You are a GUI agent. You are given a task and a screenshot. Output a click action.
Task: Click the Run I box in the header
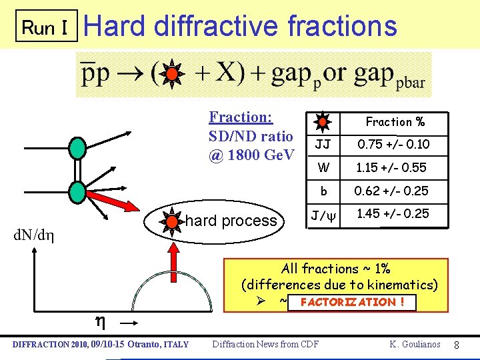point(46,27)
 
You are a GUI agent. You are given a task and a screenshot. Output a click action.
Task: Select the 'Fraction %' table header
point(395,122)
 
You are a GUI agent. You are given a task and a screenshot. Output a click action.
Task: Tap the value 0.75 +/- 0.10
point(393,145)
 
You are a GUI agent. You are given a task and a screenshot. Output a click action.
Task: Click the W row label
point(323,167)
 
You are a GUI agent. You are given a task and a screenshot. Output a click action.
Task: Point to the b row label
point(323,191)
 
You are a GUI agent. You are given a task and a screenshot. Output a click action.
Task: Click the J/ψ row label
point(323,215)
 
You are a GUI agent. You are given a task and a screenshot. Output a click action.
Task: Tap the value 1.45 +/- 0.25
point(393,214)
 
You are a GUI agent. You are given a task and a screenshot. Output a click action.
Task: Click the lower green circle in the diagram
point(78,191)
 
